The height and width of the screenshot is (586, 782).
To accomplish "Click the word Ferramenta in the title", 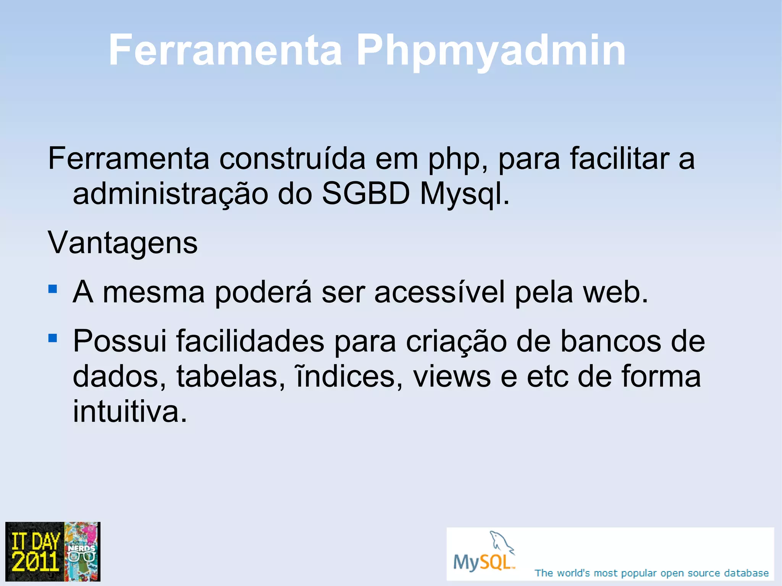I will click(x=225, y=51).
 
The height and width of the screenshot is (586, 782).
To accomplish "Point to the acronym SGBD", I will click(x=366, y=194).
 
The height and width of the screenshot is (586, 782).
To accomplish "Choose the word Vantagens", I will click(x=123, y=243).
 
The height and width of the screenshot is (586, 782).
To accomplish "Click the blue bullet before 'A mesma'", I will click(x=53, y=289).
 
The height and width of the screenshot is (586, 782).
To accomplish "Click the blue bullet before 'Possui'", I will click(x=53, y=338).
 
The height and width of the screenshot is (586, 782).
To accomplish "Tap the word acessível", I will click(x=439, y=292).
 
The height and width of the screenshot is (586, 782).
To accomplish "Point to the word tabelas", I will click(x=230, y=377).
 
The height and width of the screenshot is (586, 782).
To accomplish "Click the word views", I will click(x=452, y=377).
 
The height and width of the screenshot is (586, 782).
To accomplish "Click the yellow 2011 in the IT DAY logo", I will click(x=35, y=561).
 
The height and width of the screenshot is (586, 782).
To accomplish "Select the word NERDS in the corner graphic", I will click(x=81, y=549).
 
